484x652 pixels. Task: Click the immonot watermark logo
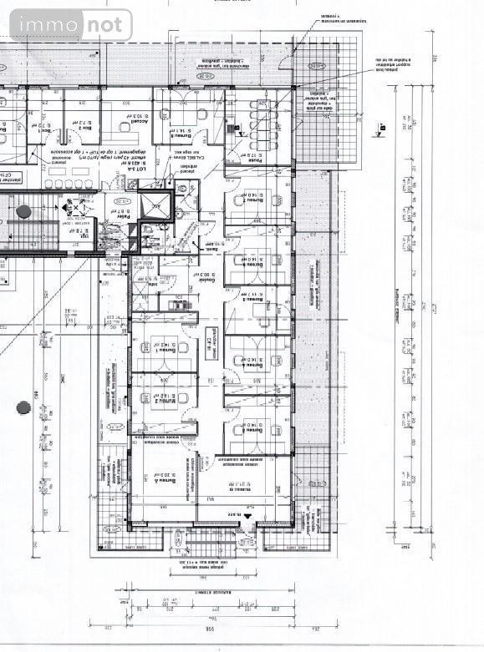click(x=70, y=25)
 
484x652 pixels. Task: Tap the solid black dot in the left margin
click(x=23, y=407)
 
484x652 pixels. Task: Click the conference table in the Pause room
click(x=255, y=125)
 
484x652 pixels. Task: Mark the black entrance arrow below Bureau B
click(x=247, y=519)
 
